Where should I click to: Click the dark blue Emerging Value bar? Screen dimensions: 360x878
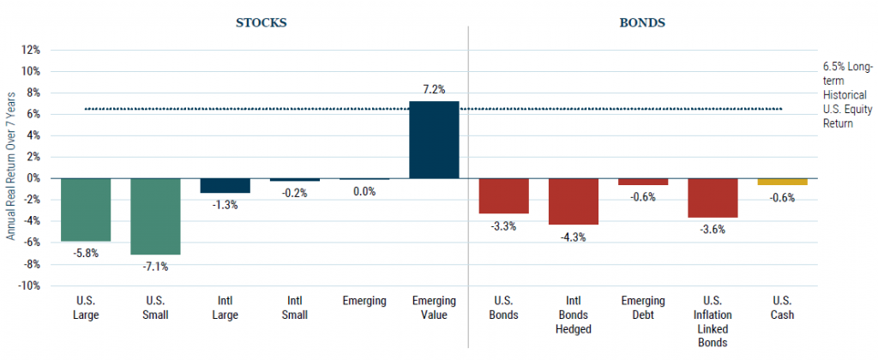(434, 140)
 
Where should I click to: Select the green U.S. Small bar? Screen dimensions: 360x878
(155, 216)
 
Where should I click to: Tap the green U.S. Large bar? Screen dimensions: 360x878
(86, 209)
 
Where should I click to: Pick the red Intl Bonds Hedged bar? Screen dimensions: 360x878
(574, 201)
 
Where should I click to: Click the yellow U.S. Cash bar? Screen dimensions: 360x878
(782, 182)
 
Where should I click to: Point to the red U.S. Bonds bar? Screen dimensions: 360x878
(503, 195)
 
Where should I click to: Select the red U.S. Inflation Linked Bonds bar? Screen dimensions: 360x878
(713, 197)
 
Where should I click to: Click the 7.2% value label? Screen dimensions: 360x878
(434, 88)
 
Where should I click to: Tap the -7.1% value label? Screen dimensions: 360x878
(155, 267)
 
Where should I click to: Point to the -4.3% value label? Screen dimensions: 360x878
(574, 237)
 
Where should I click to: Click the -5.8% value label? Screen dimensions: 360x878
(86, 253)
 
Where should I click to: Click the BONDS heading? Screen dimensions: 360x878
(643, 23)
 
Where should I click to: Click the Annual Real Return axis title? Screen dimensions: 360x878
(11, 168)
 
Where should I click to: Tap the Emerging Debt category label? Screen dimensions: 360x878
(643, 307)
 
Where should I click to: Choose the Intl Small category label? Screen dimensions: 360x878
(295, 307)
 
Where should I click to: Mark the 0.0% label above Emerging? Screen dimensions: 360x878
(364, 191)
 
